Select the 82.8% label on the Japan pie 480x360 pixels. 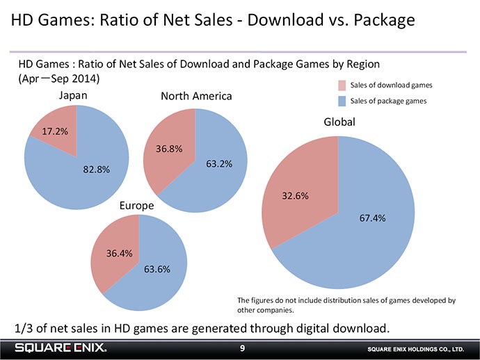point(96,170)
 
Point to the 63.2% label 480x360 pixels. point(219,164)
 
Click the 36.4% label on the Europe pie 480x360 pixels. point(120,253)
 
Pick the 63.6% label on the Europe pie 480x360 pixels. point(157,270)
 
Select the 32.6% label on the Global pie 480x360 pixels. point(295,196)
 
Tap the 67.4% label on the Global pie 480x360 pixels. point(372,219)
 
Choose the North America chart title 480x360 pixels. point(196,96)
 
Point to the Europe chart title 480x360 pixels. point(137,206)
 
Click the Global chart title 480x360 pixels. point(339,122)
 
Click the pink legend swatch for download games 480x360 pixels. point(341,85)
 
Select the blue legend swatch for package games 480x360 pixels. point(341,101)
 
